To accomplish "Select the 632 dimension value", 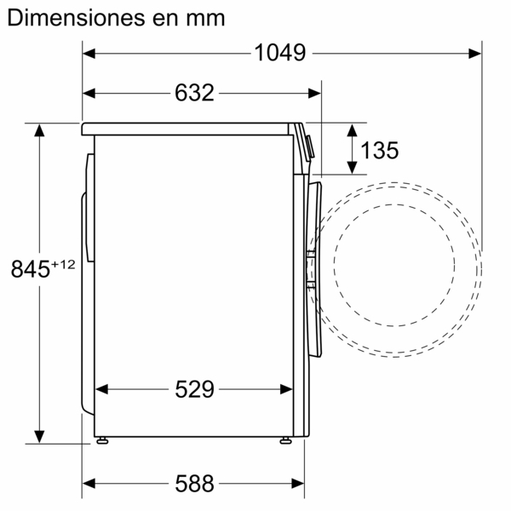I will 195,92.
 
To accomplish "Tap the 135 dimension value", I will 379,151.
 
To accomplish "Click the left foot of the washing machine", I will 103,440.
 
